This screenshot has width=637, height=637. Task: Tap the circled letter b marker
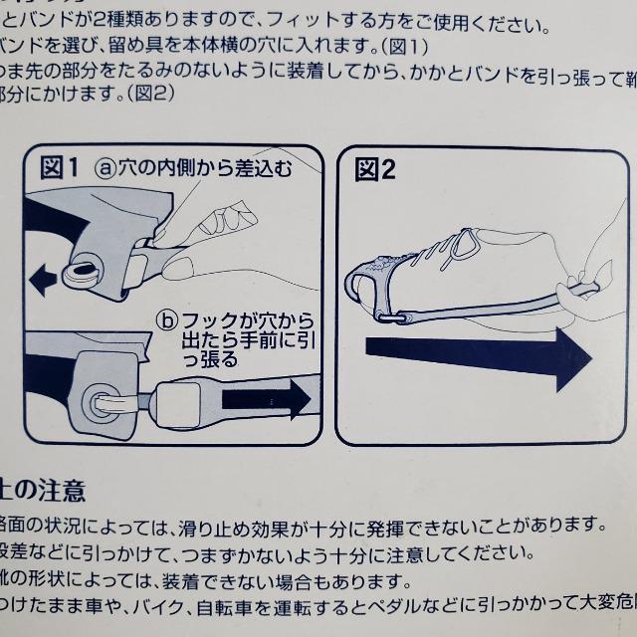[x=166, y=319]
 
